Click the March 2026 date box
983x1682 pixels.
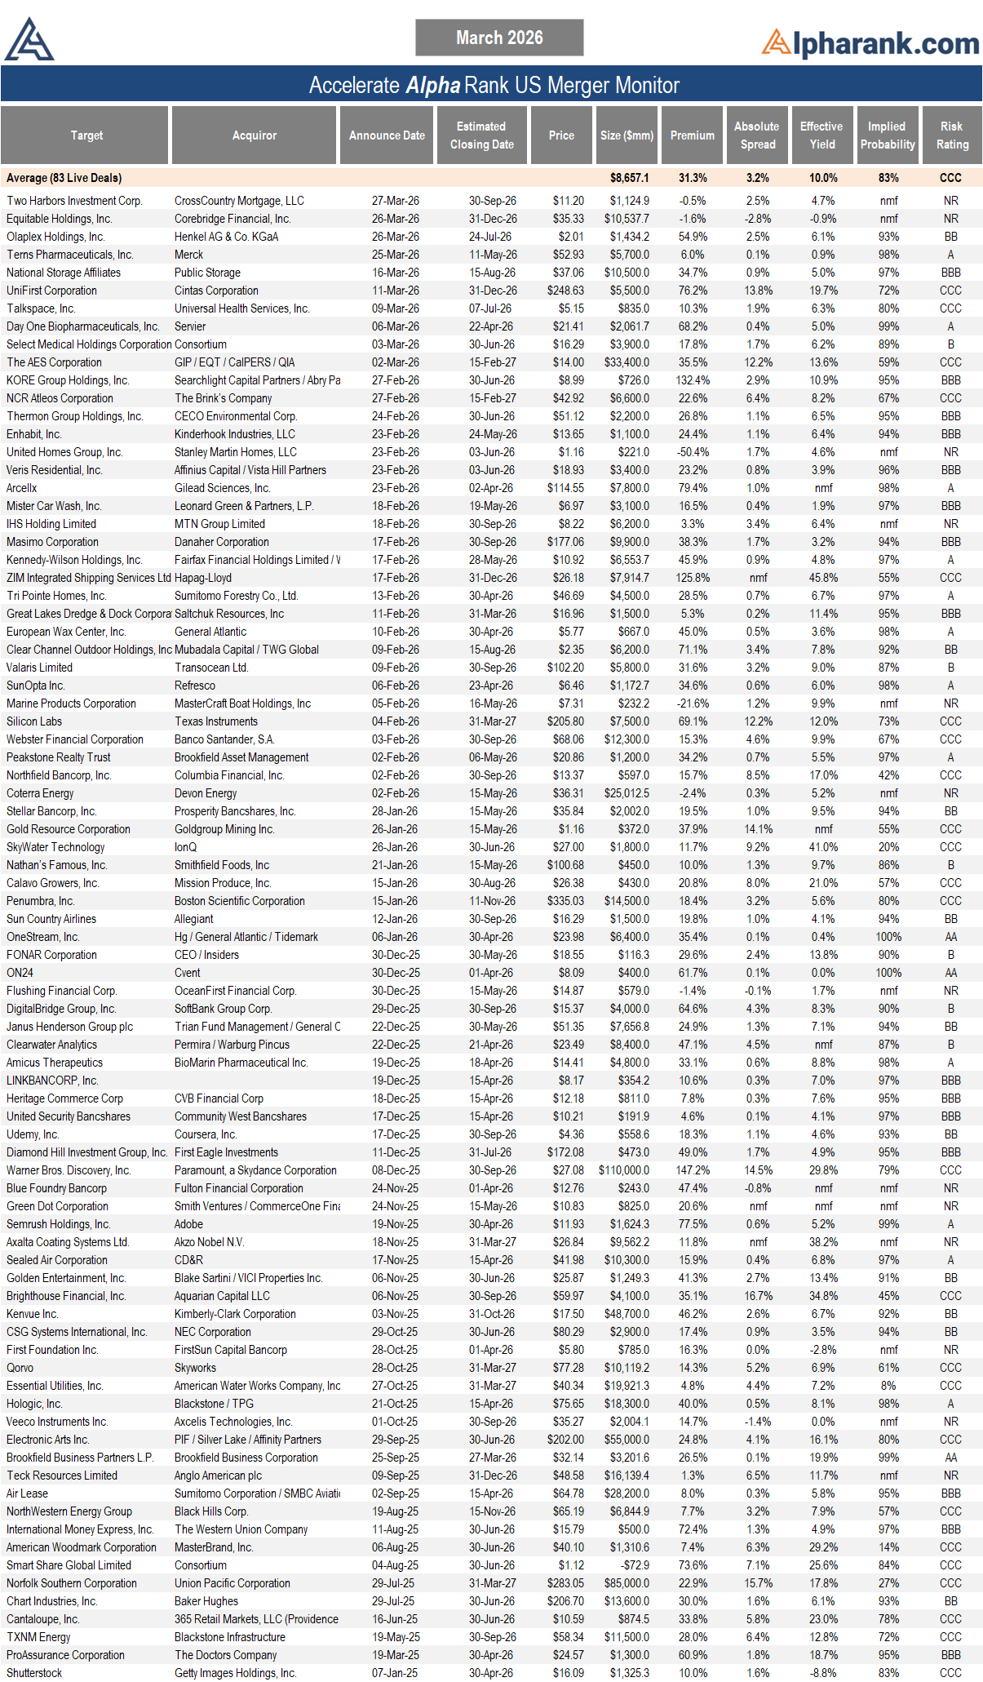[x=499, y=38]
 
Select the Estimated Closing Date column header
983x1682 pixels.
[x=481, y=135]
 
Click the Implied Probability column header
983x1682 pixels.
[x=887, y=135]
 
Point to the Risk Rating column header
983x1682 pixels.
[x=951, y=135]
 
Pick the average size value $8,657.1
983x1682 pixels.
[x=629, y=178]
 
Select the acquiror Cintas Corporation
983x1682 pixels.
[x=216, y=291]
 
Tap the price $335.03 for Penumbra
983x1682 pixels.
[x=565, y=901]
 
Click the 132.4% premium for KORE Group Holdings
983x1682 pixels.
[x=693, y=380]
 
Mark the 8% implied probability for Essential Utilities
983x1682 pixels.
[x=888, y=1386]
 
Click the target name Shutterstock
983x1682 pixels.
[x=34, y=1673]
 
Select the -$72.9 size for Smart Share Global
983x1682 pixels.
[x=631, y=1565]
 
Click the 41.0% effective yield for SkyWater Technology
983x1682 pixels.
[x=823, y=847]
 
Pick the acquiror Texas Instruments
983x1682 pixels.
[x=215, y=721]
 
